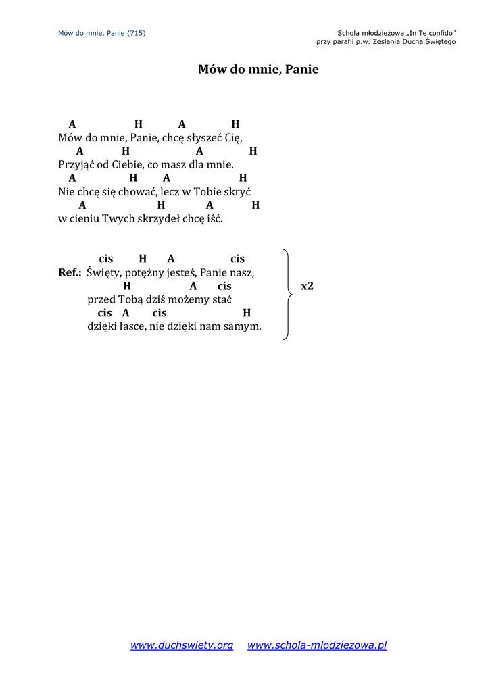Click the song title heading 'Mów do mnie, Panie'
tap(258, 70)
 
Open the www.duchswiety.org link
tap(181, 645)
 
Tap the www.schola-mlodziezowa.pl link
tap(317, 645)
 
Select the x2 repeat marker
tap(307, 286)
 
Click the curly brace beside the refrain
tap(288, 294)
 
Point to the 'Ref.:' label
tap(70, 272)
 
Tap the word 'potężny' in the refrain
tap(140, 272)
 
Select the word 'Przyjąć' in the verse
tap(75, 164)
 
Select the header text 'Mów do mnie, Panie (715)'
tap(102, 32)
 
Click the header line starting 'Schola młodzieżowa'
tap(396, 32)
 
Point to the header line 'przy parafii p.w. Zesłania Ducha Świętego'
tap(386, 41)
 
